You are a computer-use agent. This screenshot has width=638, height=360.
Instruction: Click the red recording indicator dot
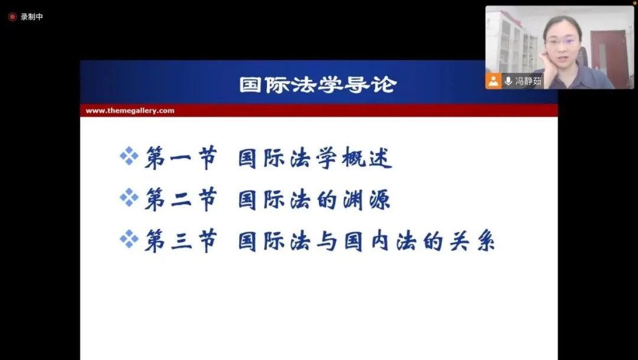(x=12, y=17)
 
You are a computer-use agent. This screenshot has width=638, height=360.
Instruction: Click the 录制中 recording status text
(x=32, y=17)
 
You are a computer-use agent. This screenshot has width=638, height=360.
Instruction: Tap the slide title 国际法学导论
(x=318, y=85)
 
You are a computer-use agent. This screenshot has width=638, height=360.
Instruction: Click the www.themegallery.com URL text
(x=130, y=111)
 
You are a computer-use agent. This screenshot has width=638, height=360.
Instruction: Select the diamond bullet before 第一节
(x=129, y=156)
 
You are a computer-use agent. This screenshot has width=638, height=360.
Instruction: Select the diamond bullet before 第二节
(x=129, y=197)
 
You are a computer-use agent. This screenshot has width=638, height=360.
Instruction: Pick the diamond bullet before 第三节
(x=129, y=239)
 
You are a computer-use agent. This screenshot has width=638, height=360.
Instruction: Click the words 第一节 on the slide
(x=181, y=158)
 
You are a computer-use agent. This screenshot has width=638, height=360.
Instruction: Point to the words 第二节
(x=181, y=200)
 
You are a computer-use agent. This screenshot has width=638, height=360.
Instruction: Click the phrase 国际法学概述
(x=315, y=158)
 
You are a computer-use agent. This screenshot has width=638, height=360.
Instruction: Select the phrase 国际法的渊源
(x=314, y=200)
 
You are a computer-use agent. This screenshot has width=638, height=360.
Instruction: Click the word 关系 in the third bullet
(x=472, y=242)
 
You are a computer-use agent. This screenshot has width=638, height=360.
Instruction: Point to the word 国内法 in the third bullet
(x=380, y=242)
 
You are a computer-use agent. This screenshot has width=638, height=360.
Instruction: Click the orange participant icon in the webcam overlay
(x=493, y=80)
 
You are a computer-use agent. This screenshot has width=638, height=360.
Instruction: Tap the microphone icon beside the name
(x=508, y=80)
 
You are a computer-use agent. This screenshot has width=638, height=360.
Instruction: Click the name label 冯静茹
(x=528, y=80)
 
